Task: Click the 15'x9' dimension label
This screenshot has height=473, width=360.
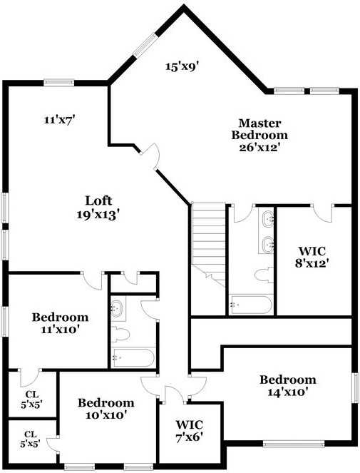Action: tap(182, 66)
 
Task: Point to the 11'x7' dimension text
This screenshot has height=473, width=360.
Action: tap(59, 121)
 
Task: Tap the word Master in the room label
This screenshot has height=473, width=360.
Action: tap(259, 123)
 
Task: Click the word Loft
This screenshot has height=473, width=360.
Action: tap(99, 200)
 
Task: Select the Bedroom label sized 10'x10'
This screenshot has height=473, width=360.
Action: tap(106, 402)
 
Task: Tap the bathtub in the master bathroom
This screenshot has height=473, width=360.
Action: tap(250, 306)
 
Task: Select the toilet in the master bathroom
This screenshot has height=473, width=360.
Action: tap(262, 275)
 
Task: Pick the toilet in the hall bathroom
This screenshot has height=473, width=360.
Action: tap(120, 334)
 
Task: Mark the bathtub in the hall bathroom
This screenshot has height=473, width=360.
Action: tap(133, 357)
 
